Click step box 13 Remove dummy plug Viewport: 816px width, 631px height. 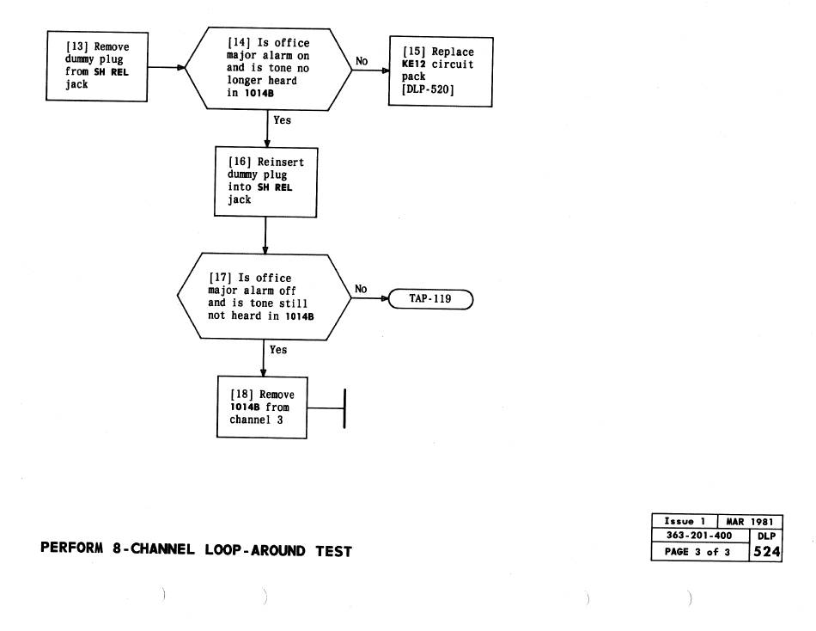click(96, 66)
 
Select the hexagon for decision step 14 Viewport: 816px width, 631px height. click(268, 68)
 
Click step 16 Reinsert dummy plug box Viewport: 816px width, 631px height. click(265, 181)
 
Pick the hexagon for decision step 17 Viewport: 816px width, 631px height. click(265, 296)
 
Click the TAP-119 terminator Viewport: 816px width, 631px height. click(430, 300)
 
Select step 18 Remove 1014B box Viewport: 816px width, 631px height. click(263, 407)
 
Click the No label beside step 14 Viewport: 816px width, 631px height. click(362, 62)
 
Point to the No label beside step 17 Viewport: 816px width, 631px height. click(361, 290)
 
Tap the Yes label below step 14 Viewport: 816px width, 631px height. click(282, 120)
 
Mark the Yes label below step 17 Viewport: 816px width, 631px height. click(278, 350)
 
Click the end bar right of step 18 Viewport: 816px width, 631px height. click(344, 407)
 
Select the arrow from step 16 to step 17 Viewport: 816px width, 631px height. click(265, 235)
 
